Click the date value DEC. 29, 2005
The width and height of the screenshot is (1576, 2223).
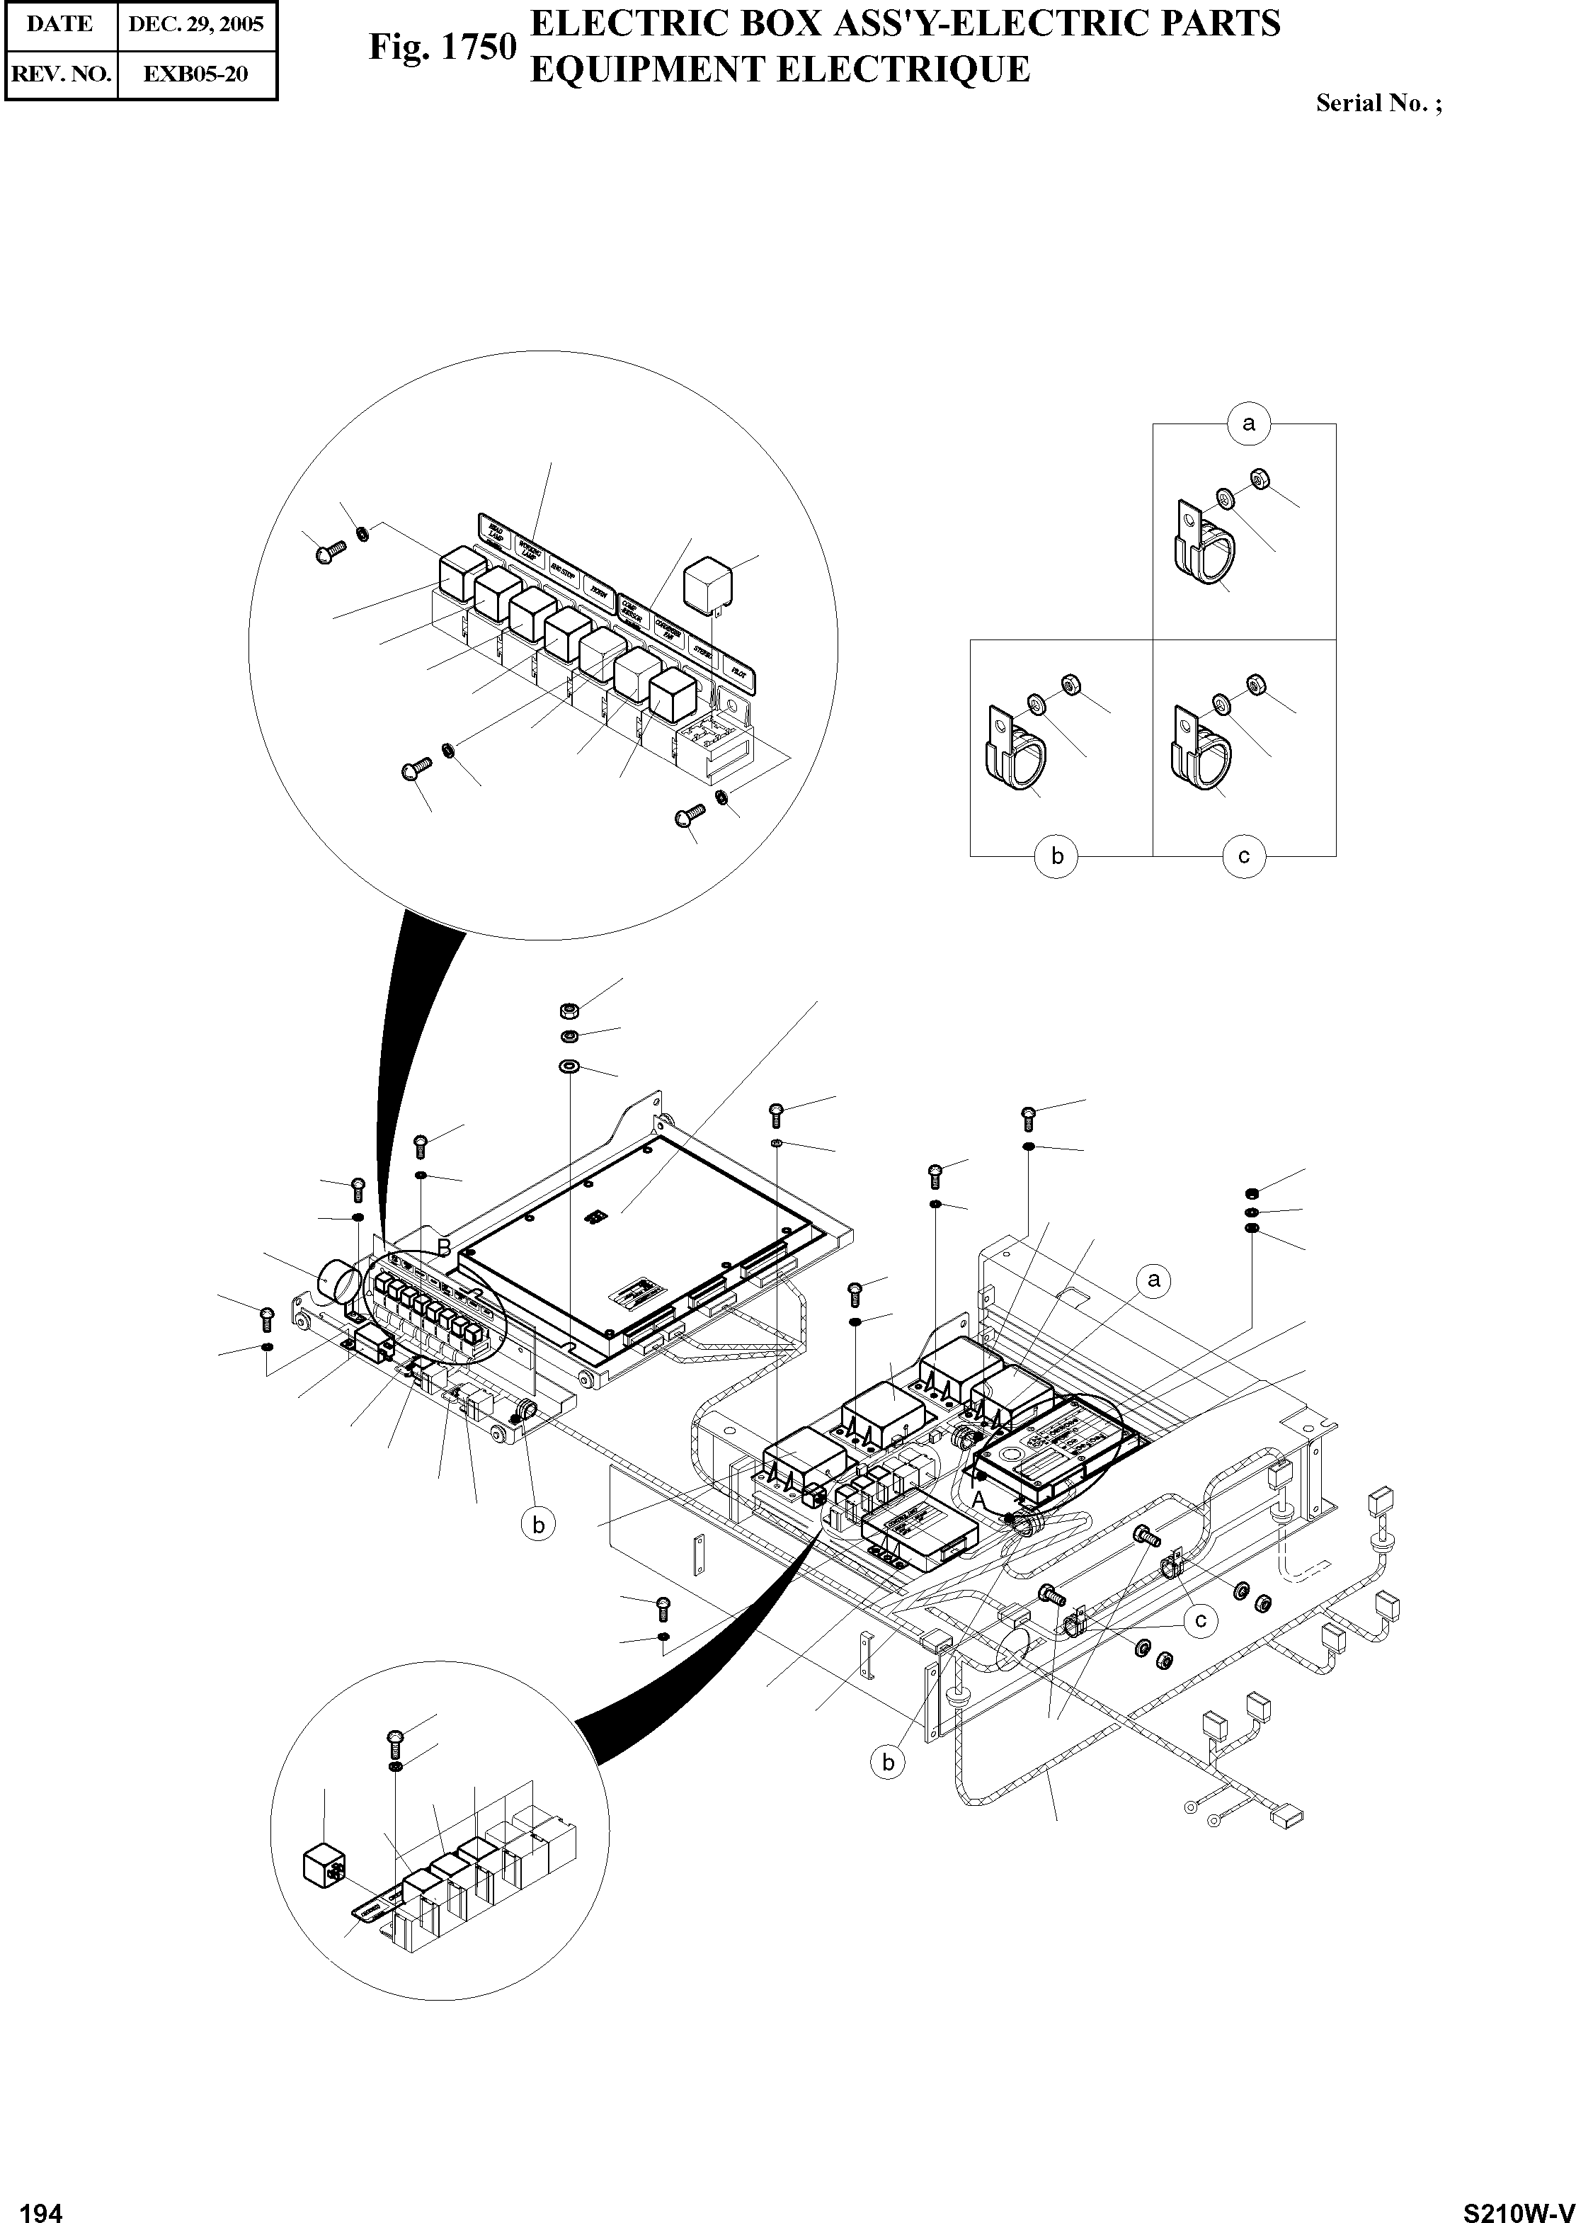tap(196, 24)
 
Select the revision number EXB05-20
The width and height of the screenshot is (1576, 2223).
tap(196, 74)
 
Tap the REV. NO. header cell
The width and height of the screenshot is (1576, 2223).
tap(60, 74)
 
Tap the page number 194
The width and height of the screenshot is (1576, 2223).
tap(41, 2205)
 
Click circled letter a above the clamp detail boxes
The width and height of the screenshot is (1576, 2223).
tap(1248, 423)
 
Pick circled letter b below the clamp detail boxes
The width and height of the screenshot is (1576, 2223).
tap(1057, 856)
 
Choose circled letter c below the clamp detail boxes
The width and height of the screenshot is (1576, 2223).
tap(1244, 856)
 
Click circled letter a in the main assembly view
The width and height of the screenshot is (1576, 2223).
tap(1153, 1280)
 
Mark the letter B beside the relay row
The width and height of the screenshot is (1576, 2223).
tap(443, 1246)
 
